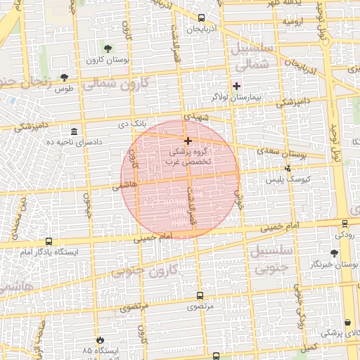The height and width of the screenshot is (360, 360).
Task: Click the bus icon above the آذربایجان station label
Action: click(202, 18)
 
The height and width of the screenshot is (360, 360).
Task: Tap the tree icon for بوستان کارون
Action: click(108, 49)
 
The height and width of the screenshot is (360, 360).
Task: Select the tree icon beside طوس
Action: click(65, 77)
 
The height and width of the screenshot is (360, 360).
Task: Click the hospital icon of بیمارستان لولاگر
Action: click(237, 86)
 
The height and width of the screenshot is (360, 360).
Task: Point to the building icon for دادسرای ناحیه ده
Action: click(75, 131)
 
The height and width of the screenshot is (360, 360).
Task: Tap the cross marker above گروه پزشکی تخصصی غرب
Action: click(188, 141)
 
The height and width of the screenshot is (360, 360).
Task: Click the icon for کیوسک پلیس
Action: click(288, 168)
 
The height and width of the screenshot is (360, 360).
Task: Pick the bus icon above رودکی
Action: click(345, 224)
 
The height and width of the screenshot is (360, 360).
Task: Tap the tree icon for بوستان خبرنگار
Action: click(334, 253)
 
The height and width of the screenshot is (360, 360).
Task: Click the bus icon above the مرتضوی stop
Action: click(200, 296)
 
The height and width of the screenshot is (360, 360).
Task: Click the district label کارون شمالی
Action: click(127, 85)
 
